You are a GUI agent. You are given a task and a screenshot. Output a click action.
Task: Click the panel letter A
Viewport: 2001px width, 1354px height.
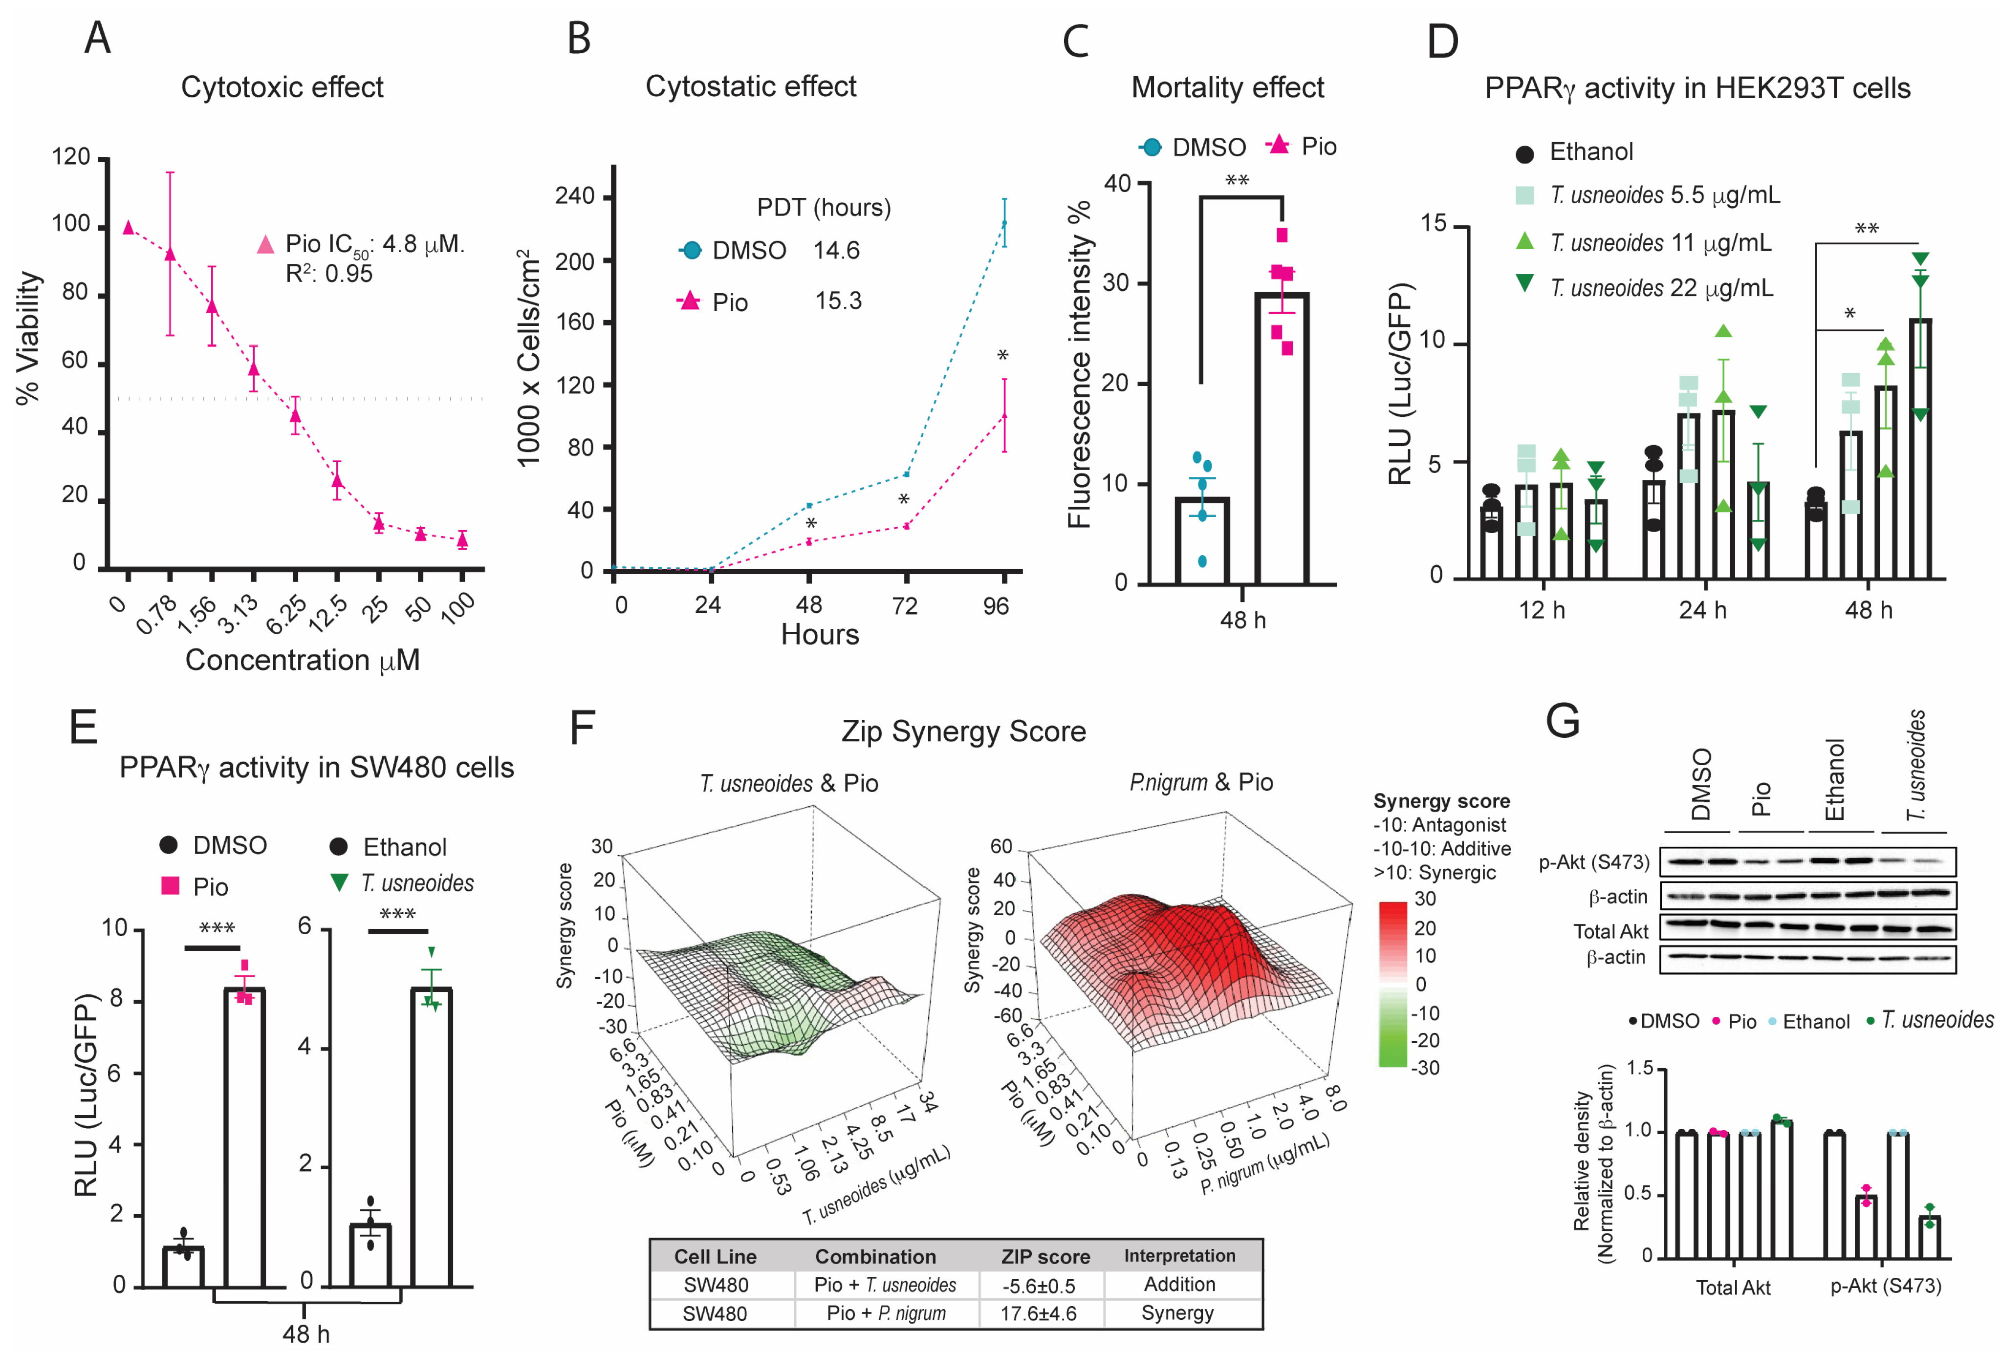pos(97,39)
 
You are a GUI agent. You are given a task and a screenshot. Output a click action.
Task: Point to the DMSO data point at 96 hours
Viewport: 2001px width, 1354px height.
pos(1004,223)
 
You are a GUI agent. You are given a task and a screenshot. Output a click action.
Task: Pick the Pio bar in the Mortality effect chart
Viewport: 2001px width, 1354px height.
pos(1281,439)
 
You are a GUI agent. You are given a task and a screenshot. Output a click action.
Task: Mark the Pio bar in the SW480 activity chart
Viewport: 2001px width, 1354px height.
pos(244,1136)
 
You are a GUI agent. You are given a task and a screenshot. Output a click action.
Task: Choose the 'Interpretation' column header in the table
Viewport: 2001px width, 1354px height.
pos(1179,1256)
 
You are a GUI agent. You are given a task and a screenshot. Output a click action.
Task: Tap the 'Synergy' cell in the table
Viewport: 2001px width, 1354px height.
pos(1177,1313)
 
